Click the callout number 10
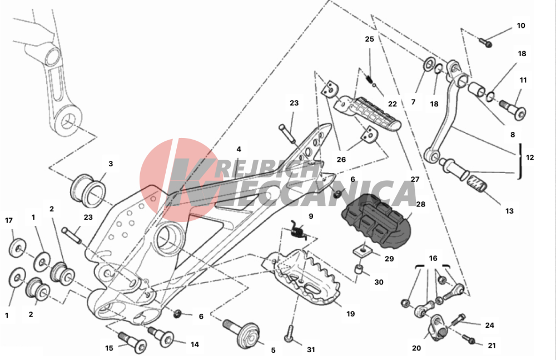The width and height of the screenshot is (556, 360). [520, 26]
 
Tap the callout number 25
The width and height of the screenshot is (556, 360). [370, 39]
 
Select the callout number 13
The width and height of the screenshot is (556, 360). [509, 211]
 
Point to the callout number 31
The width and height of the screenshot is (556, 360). [311, 349]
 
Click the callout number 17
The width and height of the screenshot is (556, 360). [9, 220]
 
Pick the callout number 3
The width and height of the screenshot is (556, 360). [111, 164]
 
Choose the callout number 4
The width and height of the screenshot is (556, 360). [239, 150]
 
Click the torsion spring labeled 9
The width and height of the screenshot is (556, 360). [298, 230]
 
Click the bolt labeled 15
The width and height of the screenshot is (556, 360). [132, 342]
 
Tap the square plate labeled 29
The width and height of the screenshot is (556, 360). [363, 251]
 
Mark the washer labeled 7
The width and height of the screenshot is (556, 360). [428, 63]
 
